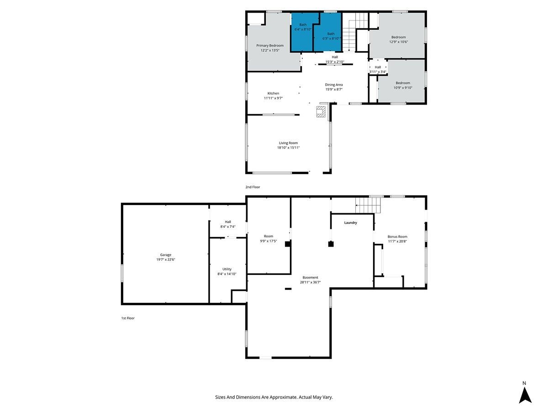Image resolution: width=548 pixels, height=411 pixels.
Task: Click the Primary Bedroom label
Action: tap(269, 45)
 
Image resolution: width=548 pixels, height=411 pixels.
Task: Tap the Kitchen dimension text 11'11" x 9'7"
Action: tap(273, 98)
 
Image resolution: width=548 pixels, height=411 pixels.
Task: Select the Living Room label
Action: tap(288, 143)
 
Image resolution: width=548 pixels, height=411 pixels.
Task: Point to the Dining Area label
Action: tap(333, 85)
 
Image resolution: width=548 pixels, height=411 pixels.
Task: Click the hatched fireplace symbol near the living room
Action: tap(321, 111)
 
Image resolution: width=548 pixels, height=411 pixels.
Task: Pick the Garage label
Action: tap(165, 255)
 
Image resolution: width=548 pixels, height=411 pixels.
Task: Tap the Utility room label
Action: tap(227, 269)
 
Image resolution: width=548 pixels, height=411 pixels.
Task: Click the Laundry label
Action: tap(350, 222)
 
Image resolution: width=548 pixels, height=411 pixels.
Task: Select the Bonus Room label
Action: tap(397, 237)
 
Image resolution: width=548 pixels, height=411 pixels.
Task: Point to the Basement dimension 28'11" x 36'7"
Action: tap(310, 282)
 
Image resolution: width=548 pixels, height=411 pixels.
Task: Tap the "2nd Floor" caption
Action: tap(253, 187)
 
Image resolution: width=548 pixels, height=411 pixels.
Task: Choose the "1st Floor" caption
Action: tap(128, 318)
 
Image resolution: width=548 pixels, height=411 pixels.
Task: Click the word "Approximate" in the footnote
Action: tap(284, 397)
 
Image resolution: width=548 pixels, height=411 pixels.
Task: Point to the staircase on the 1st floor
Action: tap(368, 205)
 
